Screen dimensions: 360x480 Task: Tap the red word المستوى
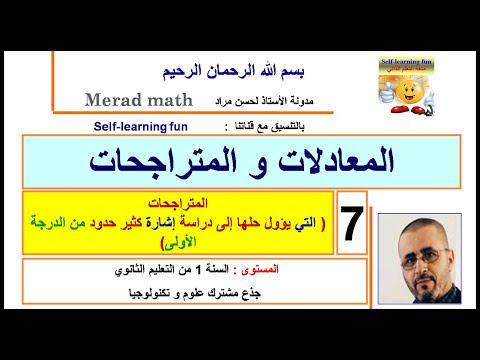tap(308, 270)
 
